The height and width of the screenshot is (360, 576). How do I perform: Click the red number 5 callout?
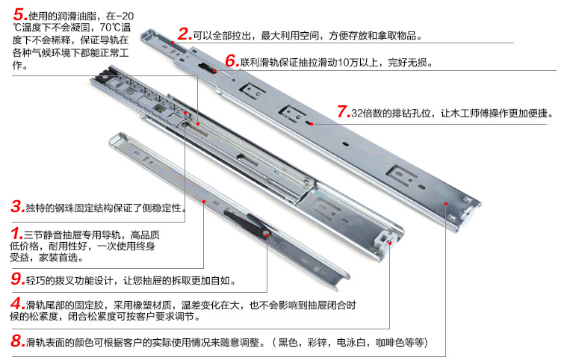19,15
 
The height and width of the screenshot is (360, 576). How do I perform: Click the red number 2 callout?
185,34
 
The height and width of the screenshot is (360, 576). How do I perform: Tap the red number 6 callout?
232,60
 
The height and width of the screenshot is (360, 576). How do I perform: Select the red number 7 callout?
344,111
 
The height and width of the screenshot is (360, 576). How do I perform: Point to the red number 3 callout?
18,206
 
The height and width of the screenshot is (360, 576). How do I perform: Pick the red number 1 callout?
16,233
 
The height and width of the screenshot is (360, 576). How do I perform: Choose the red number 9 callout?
18,279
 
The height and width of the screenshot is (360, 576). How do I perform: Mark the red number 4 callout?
18,303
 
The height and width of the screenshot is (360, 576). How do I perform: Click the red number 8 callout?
18,341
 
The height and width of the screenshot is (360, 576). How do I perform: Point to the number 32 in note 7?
357,113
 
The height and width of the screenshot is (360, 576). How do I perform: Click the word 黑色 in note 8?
288,342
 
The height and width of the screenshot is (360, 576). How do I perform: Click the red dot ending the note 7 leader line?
312,124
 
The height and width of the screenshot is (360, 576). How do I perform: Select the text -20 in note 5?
125,16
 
